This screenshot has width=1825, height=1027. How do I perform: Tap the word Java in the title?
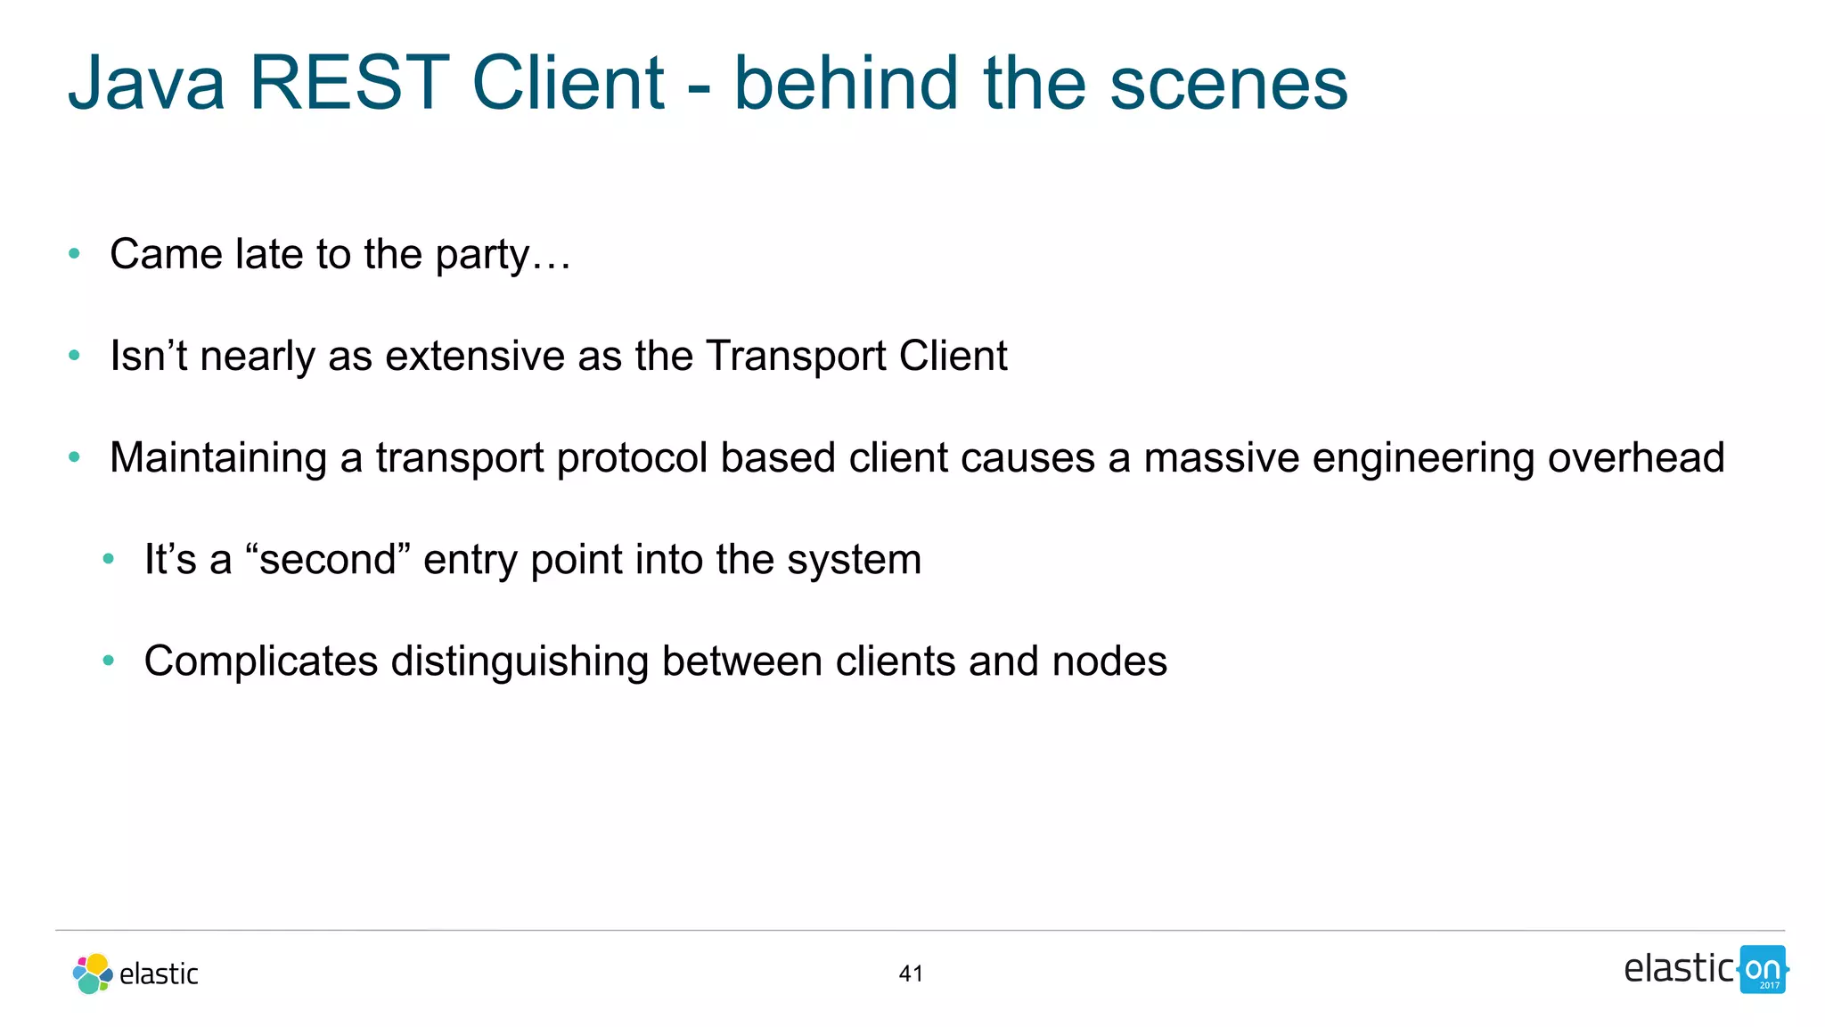(x=147, y=83)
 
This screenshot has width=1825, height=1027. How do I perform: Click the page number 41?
(x=911, y=974)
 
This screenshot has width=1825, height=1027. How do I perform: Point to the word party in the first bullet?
(x=482, y=256)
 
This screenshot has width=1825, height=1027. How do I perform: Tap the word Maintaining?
(x=218, y=458)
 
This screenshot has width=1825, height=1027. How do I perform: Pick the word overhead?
(x=1636, y=458)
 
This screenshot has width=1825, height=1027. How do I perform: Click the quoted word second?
(x=328, y=560)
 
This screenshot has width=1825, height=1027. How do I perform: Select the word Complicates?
(x=261, y=661)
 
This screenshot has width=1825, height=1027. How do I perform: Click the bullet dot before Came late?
(x=75, y=255)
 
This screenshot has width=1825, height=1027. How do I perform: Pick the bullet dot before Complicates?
(x=109, y=661)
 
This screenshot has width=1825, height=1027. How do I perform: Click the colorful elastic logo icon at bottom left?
(x=93, y=974)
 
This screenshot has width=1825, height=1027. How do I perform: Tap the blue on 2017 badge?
(x=1763, y=970)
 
